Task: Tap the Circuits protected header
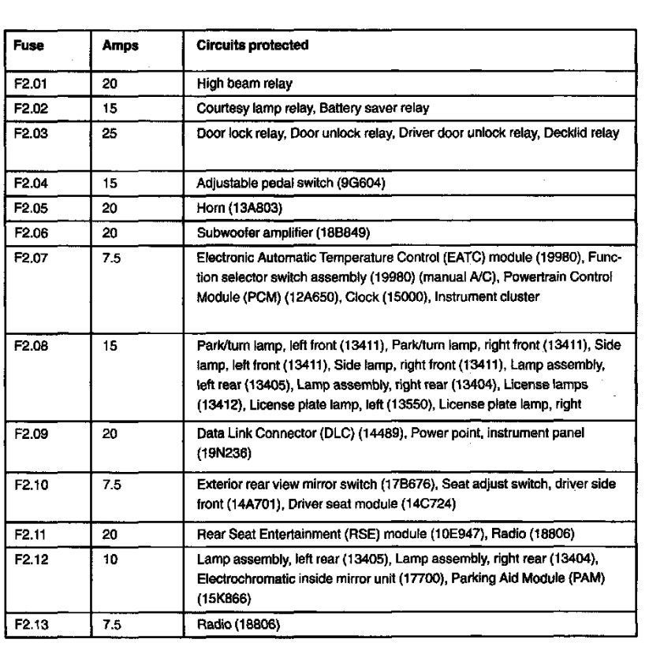tap(252, 46)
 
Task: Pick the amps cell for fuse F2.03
tap(110, 134)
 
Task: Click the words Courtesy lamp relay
tap(240, 108)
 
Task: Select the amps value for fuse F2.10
tap(111, 484)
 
